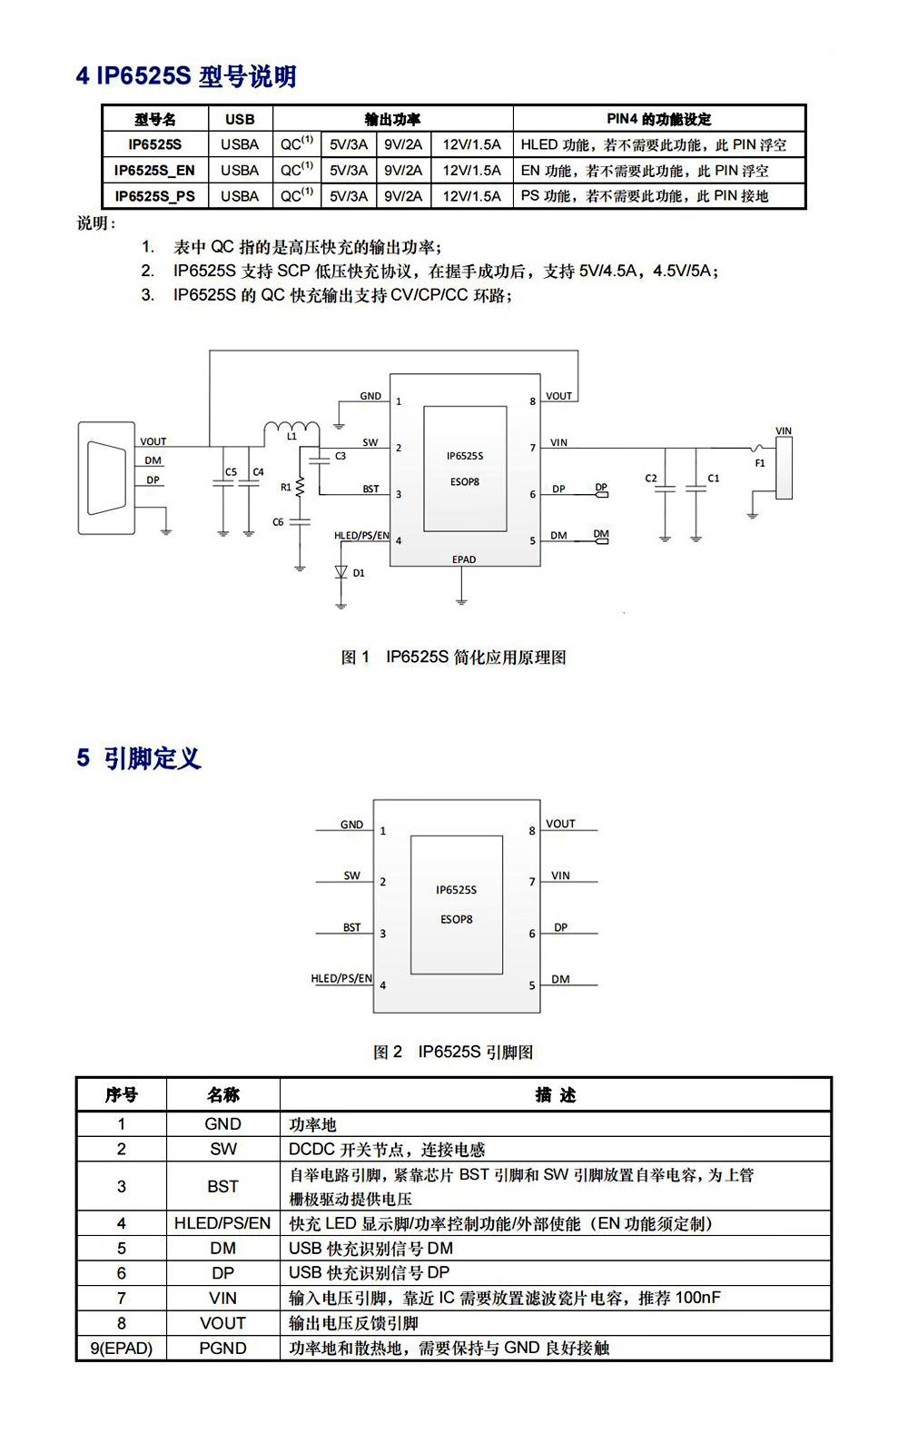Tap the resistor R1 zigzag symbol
[300, 487]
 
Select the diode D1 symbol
[341, 572]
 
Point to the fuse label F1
[760, 463]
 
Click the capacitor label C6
[278, 521]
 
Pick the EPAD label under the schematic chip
[464, 559]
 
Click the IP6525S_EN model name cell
[154, 171]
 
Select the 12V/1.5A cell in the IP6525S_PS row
[471, 196]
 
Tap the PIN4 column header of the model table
[659, 119]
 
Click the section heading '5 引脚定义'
[139, 757]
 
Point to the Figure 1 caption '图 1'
[355, 657]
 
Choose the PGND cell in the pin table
[223, 1348]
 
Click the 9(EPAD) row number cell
[122, 1348]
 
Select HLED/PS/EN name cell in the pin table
[222, 1222]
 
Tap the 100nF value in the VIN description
[698, 1298]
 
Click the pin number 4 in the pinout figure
[382, 985]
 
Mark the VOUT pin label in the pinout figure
[560, 823]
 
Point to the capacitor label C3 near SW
[340, 456]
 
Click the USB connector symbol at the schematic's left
[106, 478]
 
